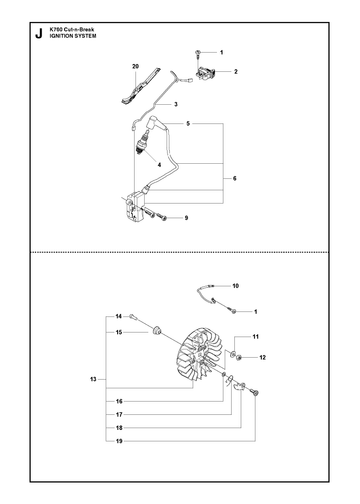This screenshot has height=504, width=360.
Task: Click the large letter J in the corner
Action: [x=39, y=34]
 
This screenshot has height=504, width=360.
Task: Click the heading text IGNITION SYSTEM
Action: [x=73, y=36]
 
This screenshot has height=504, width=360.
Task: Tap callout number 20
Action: [x=135, y=67]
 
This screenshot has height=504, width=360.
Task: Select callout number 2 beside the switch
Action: [x=236, y=71]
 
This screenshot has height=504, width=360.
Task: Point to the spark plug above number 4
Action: [x=143, y=143]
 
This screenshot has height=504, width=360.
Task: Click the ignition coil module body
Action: [x=135, y=206]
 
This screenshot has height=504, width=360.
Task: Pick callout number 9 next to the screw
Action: [x=186, y=218]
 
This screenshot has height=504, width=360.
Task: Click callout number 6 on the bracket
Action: [x=235, y=178]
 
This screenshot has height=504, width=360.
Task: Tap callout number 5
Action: [x=188, y=124]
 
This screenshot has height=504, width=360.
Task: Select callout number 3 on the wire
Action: [x=176, y=104]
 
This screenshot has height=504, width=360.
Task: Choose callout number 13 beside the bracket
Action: [x=93, y=379]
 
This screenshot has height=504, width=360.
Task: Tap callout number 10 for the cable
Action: [x=236, y=286]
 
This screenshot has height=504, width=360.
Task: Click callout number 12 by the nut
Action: [x=263, y=357]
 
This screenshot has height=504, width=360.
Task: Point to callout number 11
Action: [x=256, y=337]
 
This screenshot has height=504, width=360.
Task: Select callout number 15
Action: [x=119, y=332]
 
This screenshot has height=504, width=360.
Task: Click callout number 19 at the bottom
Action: [x=119, y=441]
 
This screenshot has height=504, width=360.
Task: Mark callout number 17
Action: [x=119, y=414]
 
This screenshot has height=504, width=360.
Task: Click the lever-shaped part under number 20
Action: [x=139, y=86]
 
